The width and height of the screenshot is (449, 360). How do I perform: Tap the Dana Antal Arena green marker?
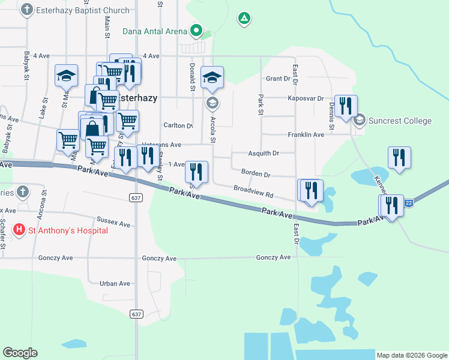coord(196,29)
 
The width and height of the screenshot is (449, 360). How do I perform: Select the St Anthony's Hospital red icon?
coord(20,230)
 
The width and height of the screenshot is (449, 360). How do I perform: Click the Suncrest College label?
coord(400,121)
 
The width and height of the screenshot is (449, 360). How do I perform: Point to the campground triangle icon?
coord(244,19)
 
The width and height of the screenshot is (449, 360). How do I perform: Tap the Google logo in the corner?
coord(20,352)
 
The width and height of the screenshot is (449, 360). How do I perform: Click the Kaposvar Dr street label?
coord(306,98)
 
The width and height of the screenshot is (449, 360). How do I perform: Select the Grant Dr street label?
coord(278,79)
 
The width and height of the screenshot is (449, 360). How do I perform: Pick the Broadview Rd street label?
coord(253,192)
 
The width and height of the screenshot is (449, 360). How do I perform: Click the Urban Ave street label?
coord(115,283)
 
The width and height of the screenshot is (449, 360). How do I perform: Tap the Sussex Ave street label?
coord(115,223)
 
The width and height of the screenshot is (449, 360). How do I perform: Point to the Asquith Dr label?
coord(264,154)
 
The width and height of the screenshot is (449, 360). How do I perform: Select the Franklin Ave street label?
coord(306,135)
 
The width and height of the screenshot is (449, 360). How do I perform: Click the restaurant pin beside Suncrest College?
coord(345,106)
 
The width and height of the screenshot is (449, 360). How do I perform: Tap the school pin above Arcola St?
coord(212,77)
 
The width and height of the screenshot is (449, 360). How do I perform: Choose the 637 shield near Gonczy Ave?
coord(137,314)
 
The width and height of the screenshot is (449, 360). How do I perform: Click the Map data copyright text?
coord(412,355)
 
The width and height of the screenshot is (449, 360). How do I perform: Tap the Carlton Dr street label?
coord(178,126)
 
